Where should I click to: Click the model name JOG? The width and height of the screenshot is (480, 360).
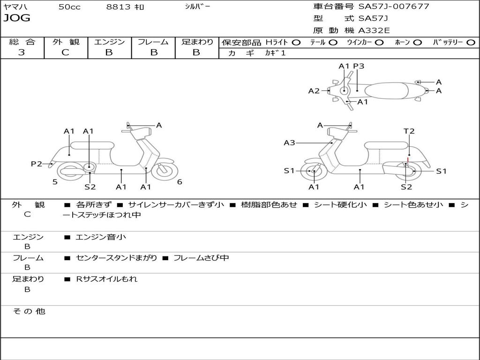(x=17, y=19)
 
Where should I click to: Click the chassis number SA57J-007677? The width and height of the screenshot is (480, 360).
(x=394, y=7)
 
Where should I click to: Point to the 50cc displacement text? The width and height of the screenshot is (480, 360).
(x=69, y=7)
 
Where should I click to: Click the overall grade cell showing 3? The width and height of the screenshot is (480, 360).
(x=22, y=52)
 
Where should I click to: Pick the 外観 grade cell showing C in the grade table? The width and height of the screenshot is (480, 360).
(x=66, y=52)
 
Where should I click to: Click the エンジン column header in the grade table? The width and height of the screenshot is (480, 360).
(x=109, y=42)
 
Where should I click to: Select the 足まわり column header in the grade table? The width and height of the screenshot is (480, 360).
(x=197, y=42)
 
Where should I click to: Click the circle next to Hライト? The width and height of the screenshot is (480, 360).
(x=296, y=43)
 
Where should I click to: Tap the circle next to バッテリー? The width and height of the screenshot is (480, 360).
(x=471, y=43)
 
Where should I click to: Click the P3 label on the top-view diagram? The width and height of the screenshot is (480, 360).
(x=359, y=66)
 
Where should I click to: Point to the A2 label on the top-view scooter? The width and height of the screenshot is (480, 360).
(x=314, y=91)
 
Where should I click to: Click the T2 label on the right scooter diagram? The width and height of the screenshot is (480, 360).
(x=409, y=131)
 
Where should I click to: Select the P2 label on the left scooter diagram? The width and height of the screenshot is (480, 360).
(x=37, y=164)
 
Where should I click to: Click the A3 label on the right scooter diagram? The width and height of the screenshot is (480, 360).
(x=289, y=142)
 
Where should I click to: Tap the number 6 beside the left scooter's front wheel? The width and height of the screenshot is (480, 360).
(x=180, y=182)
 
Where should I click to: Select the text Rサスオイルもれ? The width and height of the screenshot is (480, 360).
(x=107, y=279)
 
